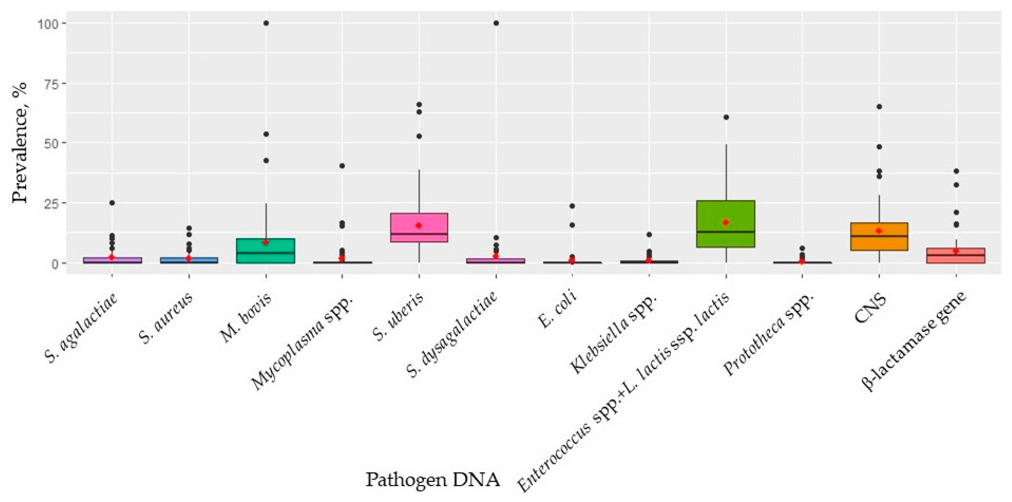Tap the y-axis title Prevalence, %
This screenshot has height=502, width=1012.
20,142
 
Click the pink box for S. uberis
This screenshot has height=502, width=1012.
419,228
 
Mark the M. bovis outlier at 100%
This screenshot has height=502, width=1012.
266,23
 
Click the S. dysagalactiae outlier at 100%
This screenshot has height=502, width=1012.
496,23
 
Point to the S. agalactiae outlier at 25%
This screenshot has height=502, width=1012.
112,203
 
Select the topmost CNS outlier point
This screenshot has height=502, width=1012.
879,106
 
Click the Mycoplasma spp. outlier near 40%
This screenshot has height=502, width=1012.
342,166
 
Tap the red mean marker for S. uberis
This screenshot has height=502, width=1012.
419,226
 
